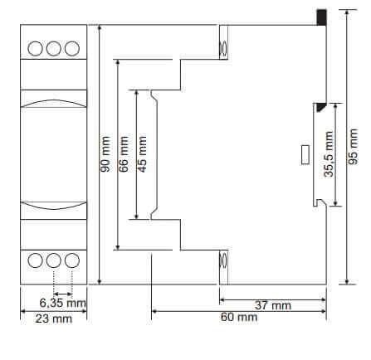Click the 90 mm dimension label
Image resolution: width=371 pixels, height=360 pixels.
tap(105, 155)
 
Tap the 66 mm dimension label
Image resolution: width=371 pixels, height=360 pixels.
tap(124, 154)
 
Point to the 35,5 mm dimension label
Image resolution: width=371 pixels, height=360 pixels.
tap(330, 154)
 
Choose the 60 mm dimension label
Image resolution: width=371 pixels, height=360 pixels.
tap(238, 317)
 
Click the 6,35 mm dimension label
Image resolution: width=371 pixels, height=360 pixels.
tap(63, 303)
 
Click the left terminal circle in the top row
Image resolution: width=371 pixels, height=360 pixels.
tap(37, 47)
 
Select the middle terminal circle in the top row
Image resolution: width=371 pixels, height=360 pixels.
tap(55, 47)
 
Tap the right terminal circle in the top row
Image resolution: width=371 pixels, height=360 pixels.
tap(72, 47)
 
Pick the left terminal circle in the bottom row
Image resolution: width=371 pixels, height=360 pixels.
tap(37, 260)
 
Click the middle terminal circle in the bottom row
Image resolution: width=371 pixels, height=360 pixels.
tap(55, 260)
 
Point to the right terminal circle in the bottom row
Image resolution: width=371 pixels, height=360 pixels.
tap(72, 260)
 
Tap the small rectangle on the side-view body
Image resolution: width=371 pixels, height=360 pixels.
tap(303, 154)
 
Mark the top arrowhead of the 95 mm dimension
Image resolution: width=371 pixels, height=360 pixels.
tap(346, 31)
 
